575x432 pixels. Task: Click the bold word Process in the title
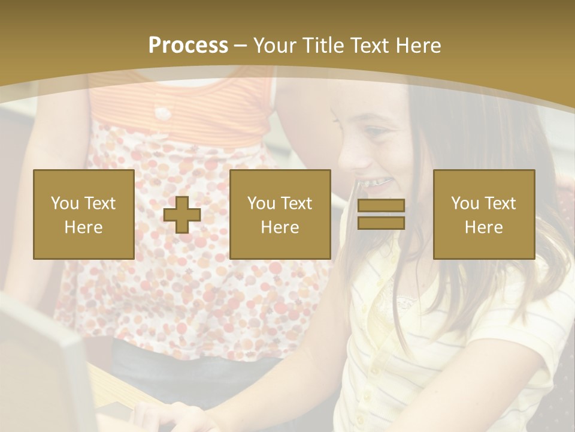[x=188, y=46]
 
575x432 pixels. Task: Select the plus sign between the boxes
[x=182, y=215]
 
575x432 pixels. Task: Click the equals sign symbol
[x=381, y=214]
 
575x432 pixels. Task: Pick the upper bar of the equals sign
[x=381, y=206]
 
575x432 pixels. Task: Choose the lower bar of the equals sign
[x=381, y=223]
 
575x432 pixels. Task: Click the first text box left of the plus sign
[x=84, y=214]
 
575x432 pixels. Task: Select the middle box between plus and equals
[x=280, y=214]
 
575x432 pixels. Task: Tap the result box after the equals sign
[x=484, y=214]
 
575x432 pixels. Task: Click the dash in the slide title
[x=241, y=46]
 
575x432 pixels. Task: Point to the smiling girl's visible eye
[x=376, y=131]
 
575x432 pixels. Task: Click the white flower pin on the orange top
[x=162, y=112]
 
